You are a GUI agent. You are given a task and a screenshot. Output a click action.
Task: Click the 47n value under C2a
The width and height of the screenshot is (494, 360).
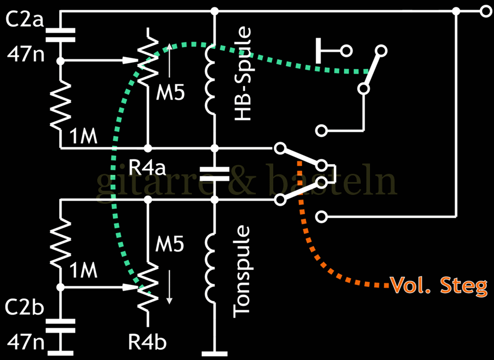click(x=23, y=53)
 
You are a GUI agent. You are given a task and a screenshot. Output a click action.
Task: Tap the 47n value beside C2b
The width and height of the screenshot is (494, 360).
click(x=23, y=341)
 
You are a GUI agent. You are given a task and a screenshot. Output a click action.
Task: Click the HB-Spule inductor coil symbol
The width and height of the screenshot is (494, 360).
click(x=212, y=80)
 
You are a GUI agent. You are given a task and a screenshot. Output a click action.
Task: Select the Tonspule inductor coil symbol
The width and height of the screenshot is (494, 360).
click(x=212, y=267)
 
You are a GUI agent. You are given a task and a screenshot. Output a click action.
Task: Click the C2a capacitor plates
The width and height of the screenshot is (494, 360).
click(x=60, y=34)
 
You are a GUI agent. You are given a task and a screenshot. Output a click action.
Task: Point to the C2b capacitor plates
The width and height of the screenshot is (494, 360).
click(x=60, y=326)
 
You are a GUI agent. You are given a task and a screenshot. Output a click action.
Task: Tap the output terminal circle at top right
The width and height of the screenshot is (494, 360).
click(x=485, y=10)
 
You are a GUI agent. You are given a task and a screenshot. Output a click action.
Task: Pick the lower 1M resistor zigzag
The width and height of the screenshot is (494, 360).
click(x=60, y=242)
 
